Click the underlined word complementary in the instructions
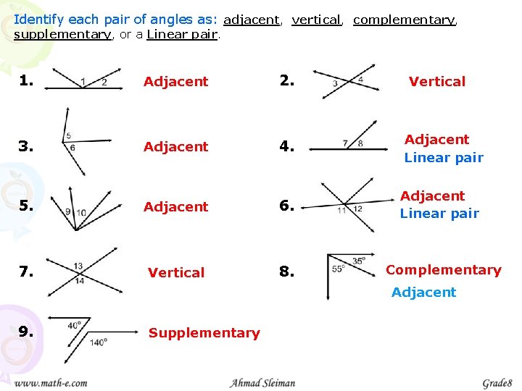pos(405,20)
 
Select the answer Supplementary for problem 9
pos(204,333)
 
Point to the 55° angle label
pos(339,269)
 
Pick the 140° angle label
pos(99,341)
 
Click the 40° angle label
pos(75,326)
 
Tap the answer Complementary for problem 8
pos(443,270)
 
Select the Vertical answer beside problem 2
pos(436,82)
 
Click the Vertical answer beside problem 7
pos(176,273)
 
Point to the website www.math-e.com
pos(51,383)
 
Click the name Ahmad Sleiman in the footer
pos(262,383)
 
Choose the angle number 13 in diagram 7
pos(78,266)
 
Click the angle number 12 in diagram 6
pos(357,209)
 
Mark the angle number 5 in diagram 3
pos(68,136)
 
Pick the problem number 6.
pos(288,206)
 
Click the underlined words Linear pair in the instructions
pos(182,35)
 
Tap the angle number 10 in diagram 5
pos(80,213)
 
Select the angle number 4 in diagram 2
pos(361,80)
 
